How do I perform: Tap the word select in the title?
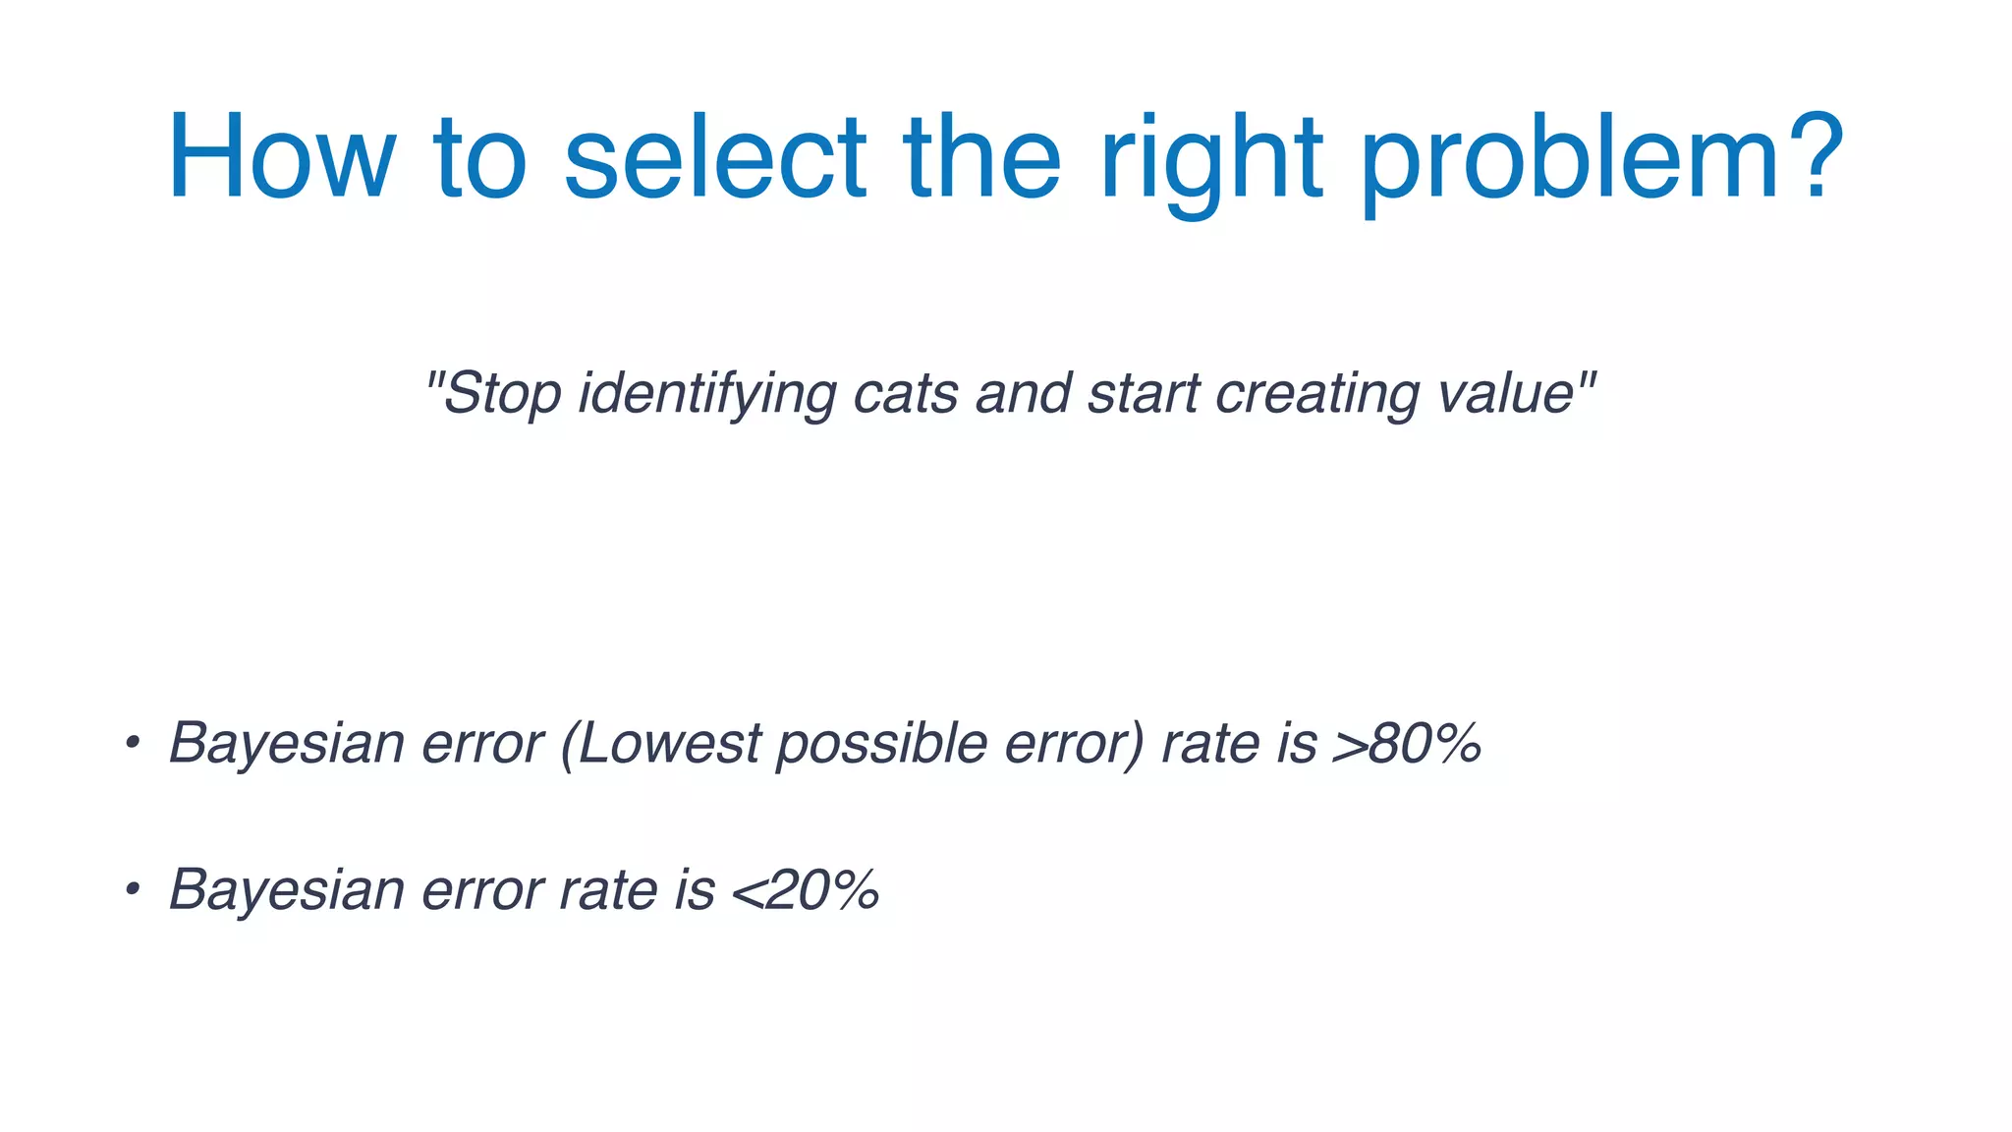[x=715, y=157]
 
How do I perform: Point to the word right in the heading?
[x=1212, y=157]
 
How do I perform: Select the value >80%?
[x=1407, y=743]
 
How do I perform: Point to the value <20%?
[x=806, y=890]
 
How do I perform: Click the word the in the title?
[x=981, y=157]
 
